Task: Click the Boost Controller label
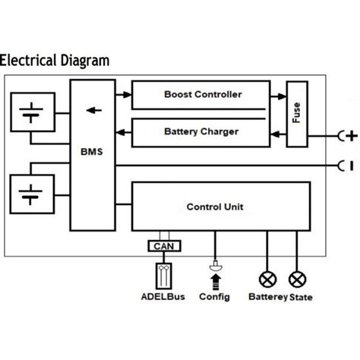click(x=203, y=94)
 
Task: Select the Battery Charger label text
click(x=201, y=131)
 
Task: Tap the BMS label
click(x=92, y=152)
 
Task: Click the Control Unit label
click(x=215, y=207)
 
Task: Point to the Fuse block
click(x=297, y=114)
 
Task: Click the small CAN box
click(x=164, y=246)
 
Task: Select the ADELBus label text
click(x=163, y=297)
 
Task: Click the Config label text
click(x=214, y=297)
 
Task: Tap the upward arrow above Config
click(x=216, y=283)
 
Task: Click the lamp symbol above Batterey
click(x=267, y=279)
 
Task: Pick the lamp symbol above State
click(x=298, y=279)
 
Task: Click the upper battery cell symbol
click(x=31, y=113)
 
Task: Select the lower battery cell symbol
click(x=30, y=194)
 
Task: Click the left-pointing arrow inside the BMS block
click(x=94, y=110)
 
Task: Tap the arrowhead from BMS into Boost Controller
click(x=128, y=95)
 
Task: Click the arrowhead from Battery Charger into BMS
click(x=120, y=132)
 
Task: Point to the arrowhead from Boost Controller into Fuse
click(x=283, y=96)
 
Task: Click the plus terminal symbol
click(x=352, y=136)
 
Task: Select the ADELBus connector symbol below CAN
click(x=164, y=276)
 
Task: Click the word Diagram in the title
click(x=85, y=62)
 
